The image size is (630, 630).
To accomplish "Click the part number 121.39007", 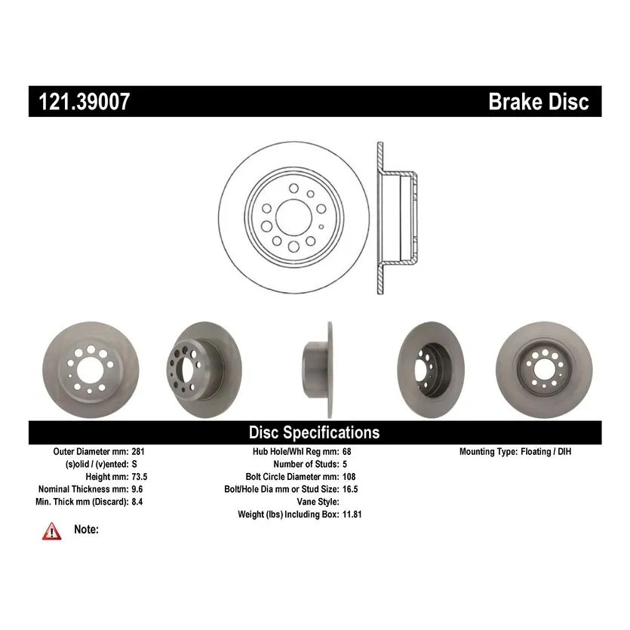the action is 85,101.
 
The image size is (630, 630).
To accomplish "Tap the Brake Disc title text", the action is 539,101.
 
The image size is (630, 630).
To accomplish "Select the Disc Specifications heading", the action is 314,432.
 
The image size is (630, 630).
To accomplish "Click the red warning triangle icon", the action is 52,531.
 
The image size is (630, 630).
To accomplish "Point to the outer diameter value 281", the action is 138,452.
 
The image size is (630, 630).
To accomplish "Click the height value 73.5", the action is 140,477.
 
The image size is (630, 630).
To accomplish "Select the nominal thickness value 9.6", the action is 137,489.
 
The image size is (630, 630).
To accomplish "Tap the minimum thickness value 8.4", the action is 137,502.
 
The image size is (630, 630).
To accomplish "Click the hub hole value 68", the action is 347,452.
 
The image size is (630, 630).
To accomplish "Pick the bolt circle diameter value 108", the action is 349,477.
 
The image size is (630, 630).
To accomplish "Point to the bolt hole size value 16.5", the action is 350,489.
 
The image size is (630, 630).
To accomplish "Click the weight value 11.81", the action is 352,515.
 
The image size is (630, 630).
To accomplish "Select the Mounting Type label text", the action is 489,452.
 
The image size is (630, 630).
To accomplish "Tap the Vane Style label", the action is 318,502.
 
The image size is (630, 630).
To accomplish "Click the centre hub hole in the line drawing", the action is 293,217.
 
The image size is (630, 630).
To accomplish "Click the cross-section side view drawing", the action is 397,217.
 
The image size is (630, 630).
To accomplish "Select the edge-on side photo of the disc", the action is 318,370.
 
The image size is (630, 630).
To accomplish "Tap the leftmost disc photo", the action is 91,370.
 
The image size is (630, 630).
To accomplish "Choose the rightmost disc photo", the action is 544,370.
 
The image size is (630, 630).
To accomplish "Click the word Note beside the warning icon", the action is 86,529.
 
